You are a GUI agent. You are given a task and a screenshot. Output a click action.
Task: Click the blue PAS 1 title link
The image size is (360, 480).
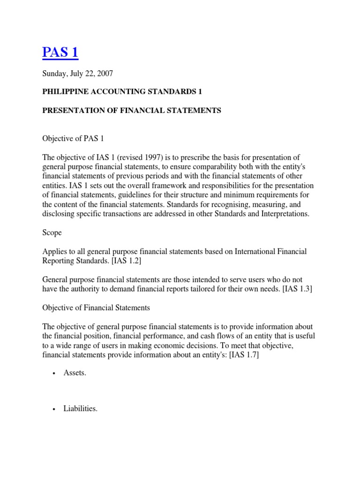click(60, 52)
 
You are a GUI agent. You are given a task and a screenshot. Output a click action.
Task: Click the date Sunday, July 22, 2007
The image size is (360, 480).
click(77, 74)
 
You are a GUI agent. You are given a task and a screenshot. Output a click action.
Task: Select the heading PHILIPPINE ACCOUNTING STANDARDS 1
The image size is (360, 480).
click(122, 92)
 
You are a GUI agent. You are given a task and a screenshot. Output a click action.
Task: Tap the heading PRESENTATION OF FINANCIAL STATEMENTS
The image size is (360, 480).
click(132, 111)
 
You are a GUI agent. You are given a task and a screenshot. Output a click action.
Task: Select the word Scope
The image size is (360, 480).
click(52, 232)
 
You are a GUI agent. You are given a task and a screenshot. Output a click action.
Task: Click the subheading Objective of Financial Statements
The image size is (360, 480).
click(96, 307)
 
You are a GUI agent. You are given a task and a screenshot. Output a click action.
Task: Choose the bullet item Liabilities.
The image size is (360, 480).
click(80, 409)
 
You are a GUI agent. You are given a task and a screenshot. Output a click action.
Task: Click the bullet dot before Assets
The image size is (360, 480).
click(54, 374)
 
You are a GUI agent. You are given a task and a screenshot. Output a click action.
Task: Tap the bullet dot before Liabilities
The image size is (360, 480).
click(54, 409)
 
